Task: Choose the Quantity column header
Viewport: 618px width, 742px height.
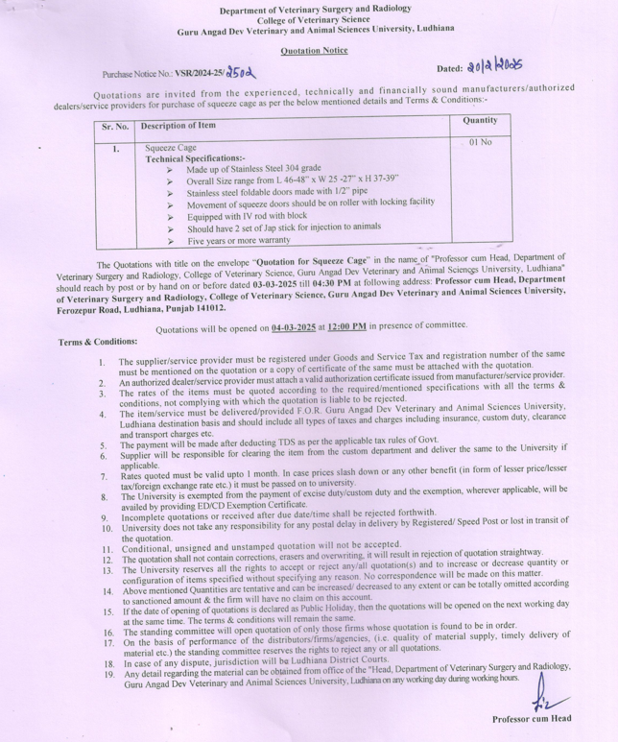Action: tap(480, 121)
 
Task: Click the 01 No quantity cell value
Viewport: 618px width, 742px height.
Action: tap(480, 142)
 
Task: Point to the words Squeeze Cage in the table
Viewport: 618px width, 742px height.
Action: tap(171, 149)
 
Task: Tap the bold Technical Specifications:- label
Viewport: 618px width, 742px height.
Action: tap(195, 158)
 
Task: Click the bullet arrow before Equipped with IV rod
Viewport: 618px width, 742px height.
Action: tap(170, 217)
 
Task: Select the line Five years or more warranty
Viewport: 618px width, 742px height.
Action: tap(238, 240)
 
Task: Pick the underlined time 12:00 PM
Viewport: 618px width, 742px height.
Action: tap(346, 327)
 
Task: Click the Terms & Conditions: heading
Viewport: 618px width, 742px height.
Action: tap(98, 342)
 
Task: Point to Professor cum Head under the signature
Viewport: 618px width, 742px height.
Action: tap(532, 719)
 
